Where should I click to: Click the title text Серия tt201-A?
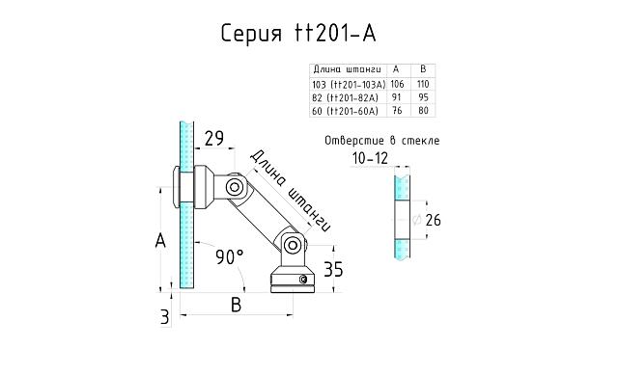click(x=297, y=35)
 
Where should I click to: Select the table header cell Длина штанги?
click(x=346, y=69)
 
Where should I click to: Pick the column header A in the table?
click(x=396, y=69)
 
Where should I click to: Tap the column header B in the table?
click(x=422, y=69)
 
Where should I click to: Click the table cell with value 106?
click(x=396, y=84)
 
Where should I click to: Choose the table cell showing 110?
click(x=422, y=84)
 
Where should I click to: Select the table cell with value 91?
click(x=396, y=97)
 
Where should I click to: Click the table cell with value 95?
click(x=422, y=97)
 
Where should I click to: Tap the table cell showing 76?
click(x=396, y=111)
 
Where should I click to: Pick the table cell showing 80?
click(x=422, y=111)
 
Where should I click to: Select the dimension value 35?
click(x=334, y=268)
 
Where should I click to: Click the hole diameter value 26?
click(x=433, y=222)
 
